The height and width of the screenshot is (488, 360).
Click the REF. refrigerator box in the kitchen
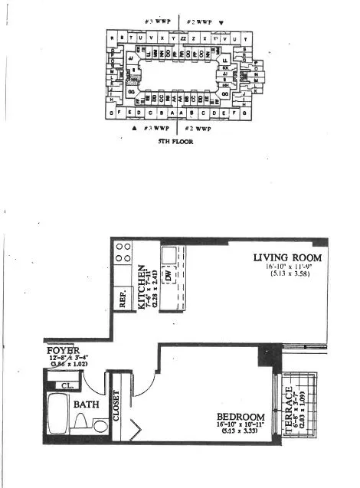[123, 297]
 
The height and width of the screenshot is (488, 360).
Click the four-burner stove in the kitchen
[123, 253]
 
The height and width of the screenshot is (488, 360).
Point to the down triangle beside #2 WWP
[222, 22]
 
